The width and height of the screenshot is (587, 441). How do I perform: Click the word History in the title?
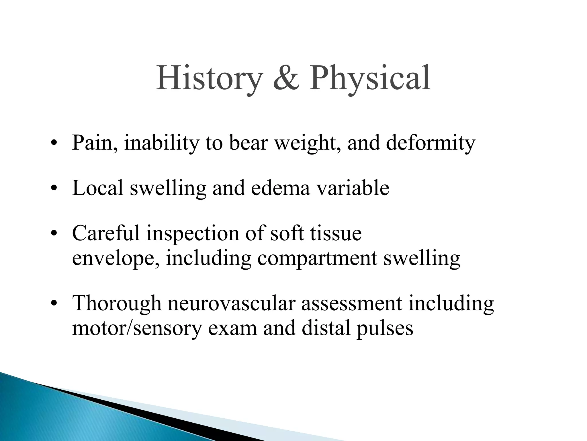[x=209, y=78]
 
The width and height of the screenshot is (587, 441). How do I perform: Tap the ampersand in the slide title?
[x=286, y=78]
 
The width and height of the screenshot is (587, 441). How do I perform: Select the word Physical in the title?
[x=370, y=78]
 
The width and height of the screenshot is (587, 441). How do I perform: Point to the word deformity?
[x=431, y=143]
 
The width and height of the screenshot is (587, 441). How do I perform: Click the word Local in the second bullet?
[x=97, y=188]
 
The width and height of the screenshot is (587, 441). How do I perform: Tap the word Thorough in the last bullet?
[x=117, y=303]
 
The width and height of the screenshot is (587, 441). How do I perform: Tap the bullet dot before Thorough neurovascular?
[x=53, y=304]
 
